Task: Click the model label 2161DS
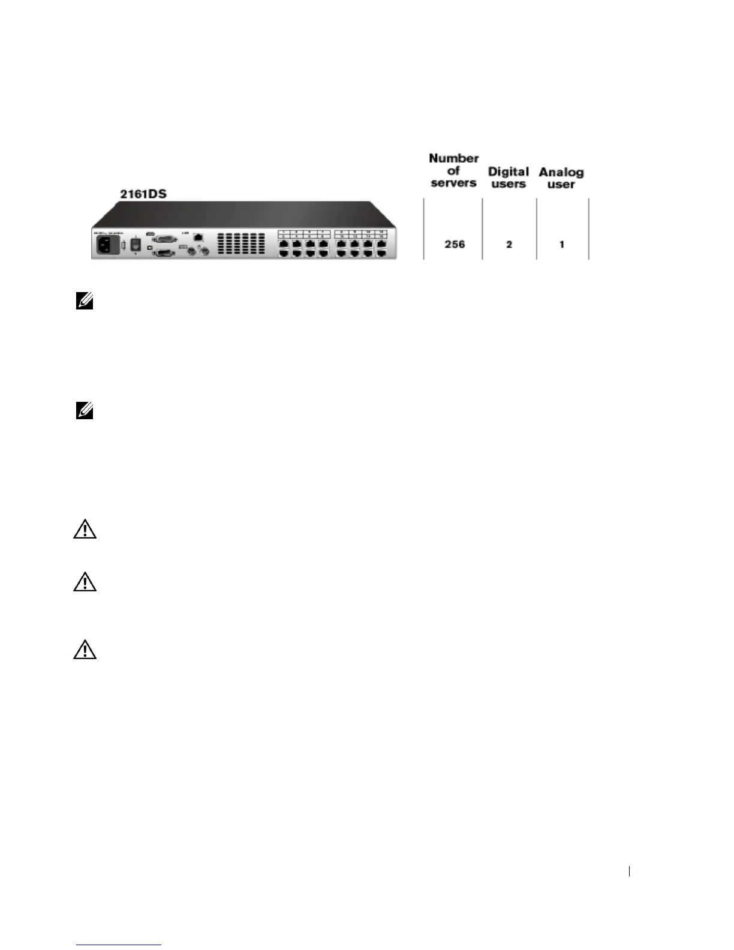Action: (143, 194)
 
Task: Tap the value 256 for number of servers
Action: (455, 244)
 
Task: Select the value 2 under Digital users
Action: (509, 244)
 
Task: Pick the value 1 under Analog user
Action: (562, 244)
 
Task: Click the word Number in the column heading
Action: (454, 158)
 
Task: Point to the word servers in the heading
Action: (454, 183)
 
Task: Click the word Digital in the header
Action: (509, 172)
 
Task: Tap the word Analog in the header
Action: (561, 172)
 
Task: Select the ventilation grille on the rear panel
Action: (241, 242)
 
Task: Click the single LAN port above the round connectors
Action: (198, 238)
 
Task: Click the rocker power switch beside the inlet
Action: (136, 245)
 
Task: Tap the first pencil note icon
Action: (85, 301)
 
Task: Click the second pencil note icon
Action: (85, 411)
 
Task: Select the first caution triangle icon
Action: (85, 530)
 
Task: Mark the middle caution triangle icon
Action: (85, 582)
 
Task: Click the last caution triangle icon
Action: (85, 650)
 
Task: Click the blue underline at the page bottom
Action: (119, 945)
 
